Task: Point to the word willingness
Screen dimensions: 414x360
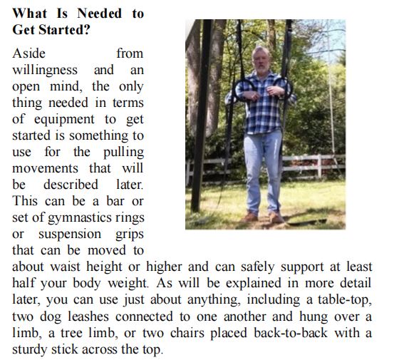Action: [x=47, y=70]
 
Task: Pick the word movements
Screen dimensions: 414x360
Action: [x=43, y=168]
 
